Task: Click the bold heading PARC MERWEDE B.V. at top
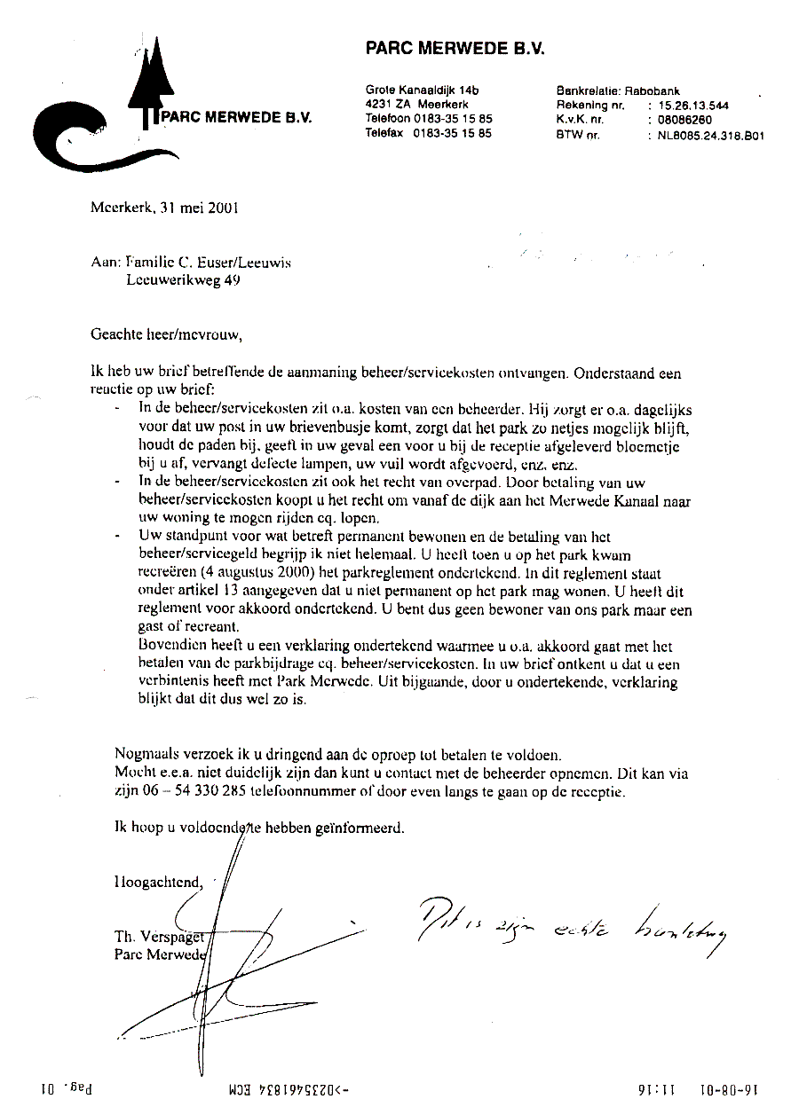click(455, 49)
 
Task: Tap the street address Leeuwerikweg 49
click(183, 279)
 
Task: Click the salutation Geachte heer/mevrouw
click(165, 334)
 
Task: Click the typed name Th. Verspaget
click(160, 937)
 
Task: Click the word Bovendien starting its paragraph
click(170, 646)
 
